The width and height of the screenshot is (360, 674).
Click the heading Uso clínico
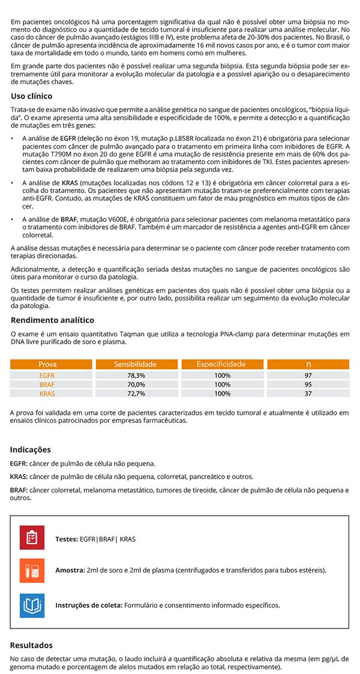31,96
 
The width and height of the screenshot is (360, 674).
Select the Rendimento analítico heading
52,320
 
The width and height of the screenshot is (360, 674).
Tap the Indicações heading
31,450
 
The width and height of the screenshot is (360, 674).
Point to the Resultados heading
31,645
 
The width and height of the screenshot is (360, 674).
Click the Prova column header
47,364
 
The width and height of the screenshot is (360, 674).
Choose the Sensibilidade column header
136,364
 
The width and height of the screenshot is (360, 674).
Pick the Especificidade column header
222,364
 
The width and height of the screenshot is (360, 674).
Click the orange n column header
308,364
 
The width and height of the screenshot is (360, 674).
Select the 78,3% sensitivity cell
136,375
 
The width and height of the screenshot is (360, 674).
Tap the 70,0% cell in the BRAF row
136,384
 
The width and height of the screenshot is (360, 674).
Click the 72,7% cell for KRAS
136,393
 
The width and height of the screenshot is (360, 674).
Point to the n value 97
308,375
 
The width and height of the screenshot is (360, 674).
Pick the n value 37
308,393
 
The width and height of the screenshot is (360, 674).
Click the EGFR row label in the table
47,375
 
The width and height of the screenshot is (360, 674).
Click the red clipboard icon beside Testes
32,538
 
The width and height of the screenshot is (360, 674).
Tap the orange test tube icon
32,571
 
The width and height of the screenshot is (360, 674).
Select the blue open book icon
32,605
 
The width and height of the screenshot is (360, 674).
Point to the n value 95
308,384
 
